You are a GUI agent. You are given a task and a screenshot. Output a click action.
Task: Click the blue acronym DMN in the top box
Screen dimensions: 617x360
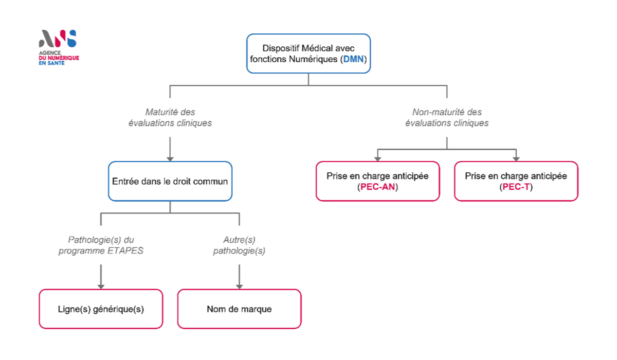(x=353, y=59)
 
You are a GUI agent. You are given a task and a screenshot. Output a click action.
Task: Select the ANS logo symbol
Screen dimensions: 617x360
(x=58, y=38)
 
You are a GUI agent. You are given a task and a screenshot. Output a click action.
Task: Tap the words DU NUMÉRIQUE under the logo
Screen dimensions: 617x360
(x=59, y=58)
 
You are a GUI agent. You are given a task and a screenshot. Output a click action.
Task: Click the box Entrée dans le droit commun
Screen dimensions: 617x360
(x=170, y=181)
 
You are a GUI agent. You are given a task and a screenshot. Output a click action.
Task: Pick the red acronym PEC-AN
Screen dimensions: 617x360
(x=377, y=187)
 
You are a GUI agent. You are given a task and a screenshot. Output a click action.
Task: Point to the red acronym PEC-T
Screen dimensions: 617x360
(x=516, y=187)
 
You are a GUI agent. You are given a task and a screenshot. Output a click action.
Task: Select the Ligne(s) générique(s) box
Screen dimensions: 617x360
(x=101, y=309)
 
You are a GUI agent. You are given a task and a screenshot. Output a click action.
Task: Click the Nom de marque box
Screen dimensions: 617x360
(x=240, y=309)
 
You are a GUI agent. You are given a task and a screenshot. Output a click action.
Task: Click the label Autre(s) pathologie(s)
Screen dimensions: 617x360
(x=239, y=245)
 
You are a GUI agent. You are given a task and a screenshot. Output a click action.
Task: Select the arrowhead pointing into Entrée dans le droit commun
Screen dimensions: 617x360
(x=170, y=159)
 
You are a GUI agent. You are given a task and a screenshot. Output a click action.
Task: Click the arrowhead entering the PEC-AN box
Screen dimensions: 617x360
(x=377, y=159)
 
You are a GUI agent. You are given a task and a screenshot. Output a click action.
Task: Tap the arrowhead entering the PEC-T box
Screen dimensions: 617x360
(x=516, y=159)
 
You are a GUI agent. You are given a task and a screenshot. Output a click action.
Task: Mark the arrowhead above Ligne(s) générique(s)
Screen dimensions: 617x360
(x=101, y=287)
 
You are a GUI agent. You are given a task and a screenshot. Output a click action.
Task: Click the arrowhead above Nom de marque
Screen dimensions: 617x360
(x=240, y=287)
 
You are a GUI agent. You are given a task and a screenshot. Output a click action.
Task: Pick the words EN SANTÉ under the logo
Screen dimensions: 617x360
(x=52, y=63)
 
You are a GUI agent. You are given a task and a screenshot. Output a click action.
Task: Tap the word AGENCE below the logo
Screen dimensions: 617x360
(x=50, y=52)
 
